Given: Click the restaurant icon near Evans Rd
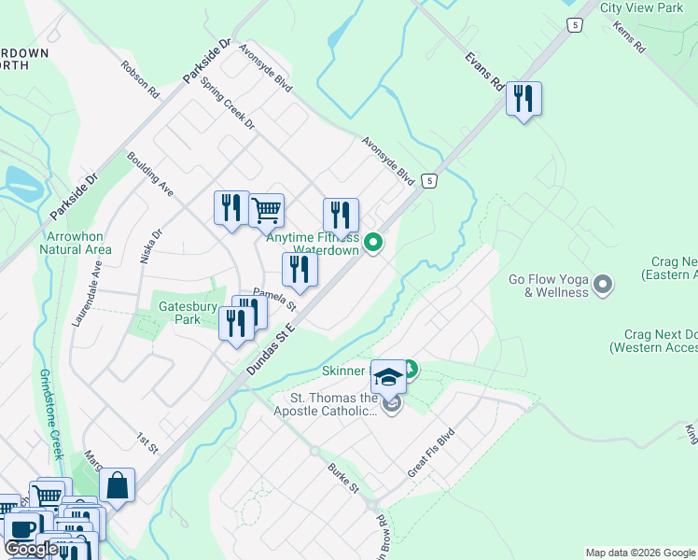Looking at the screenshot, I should point(523,98).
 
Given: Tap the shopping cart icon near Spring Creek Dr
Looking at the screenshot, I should point(267,210).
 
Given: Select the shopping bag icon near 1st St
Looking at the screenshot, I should point(117,485).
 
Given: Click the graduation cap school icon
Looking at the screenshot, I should point(388,377).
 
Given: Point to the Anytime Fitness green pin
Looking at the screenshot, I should point(373,244).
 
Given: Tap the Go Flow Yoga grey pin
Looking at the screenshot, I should point(603,283).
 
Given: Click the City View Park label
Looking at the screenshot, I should point(642,7).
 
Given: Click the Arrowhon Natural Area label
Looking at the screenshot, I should point(76,243).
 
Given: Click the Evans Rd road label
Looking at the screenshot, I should point(484,70).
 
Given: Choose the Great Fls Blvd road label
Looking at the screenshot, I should point(430,454).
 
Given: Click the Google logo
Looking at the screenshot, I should point(31,549).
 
